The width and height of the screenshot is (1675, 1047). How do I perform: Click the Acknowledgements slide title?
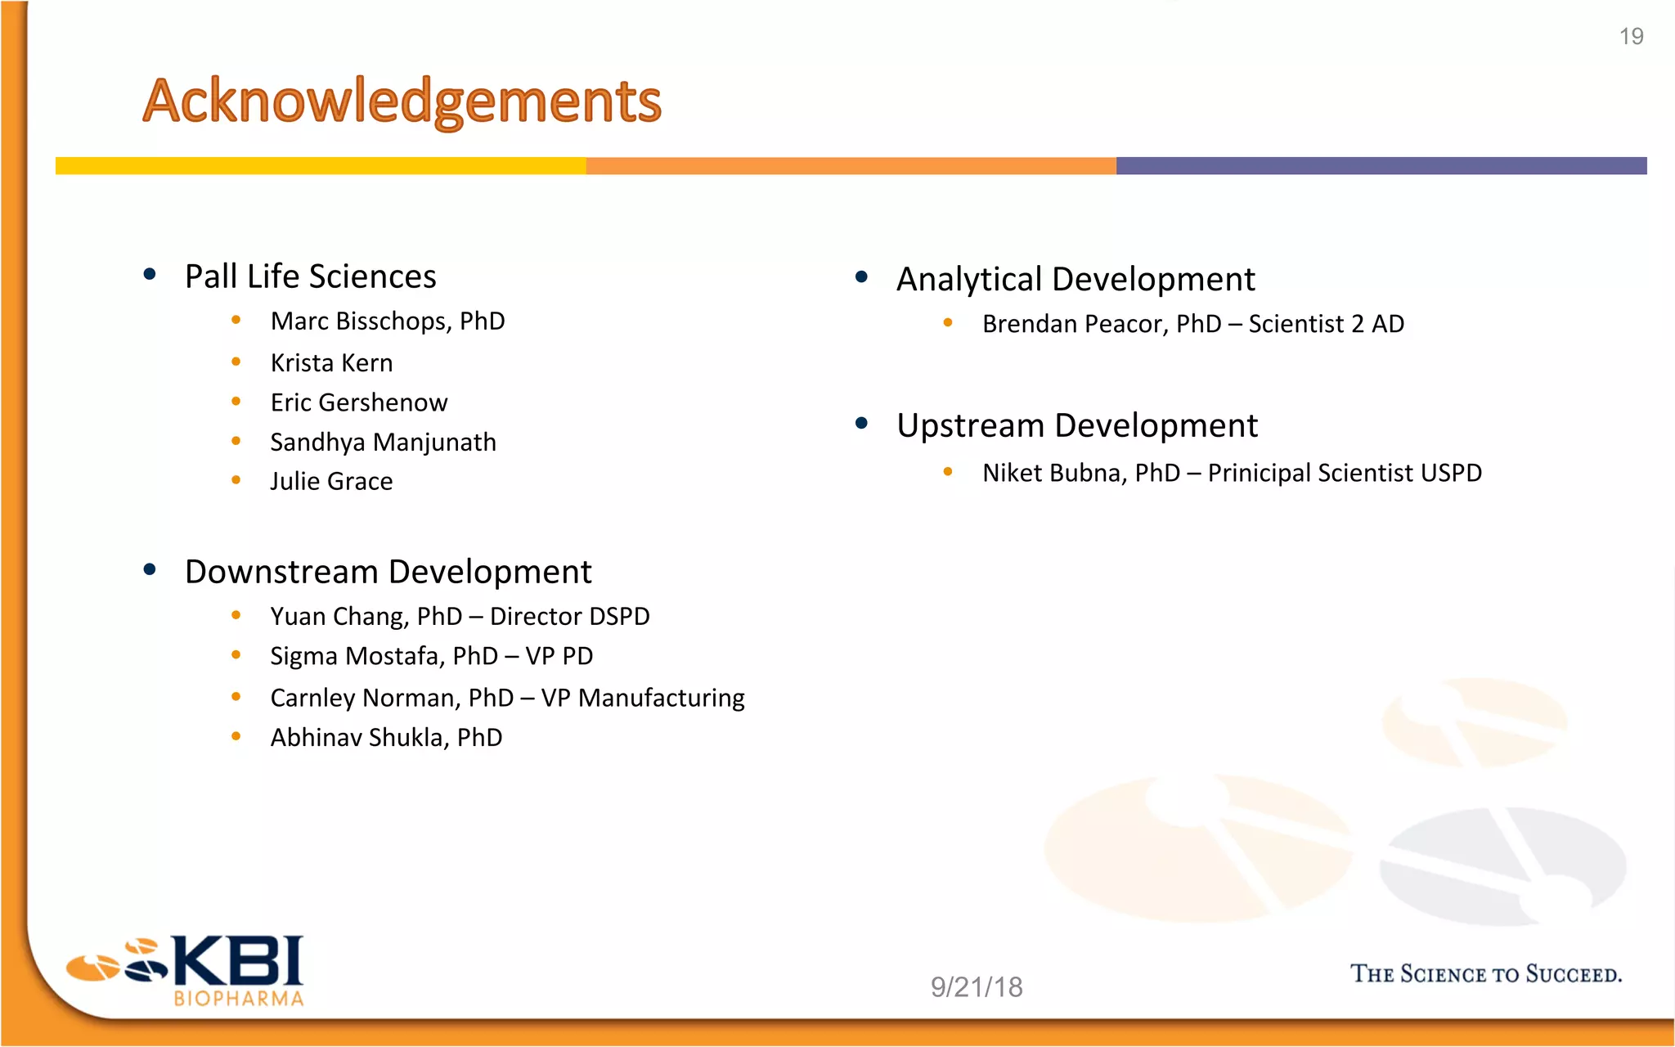pos(402,101)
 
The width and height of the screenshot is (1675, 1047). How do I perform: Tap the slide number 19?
pos(1631,37)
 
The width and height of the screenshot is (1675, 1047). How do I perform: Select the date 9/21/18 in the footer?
pos(977,987)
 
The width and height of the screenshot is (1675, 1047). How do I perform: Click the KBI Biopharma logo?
pos(188,971)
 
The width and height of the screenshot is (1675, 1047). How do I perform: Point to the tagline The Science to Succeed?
pos(1485,974)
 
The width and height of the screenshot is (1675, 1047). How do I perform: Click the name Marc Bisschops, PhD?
pos(388,321)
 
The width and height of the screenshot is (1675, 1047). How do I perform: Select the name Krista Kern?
pos(331,363)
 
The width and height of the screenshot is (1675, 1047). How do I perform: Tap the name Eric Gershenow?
pos(359,402)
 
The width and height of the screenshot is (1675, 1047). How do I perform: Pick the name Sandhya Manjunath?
pos(383,443)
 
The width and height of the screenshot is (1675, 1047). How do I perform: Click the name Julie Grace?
pos(331,482)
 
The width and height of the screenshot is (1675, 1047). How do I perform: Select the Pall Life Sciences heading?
pos(310,277)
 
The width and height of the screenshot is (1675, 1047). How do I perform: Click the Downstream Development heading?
pos(388,572)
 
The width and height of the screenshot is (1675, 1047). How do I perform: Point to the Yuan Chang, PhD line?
pos(460,617)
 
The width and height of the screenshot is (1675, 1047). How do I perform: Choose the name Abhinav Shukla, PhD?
pos(386,738)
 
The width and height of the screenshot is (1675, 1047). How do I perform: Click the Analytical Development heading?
pos(1075,280)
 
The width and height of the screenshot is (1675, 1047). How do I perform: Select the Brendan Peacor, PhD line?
pos(1192,325)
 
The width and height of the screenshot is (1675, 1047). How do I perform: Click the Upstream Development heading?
pos(1076,426)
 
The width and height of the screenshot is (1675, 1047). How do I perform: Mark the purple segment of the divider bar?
pos(1381,166)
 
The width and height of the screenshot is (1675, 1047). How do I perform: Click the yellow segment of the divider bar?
pos(321,166)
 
